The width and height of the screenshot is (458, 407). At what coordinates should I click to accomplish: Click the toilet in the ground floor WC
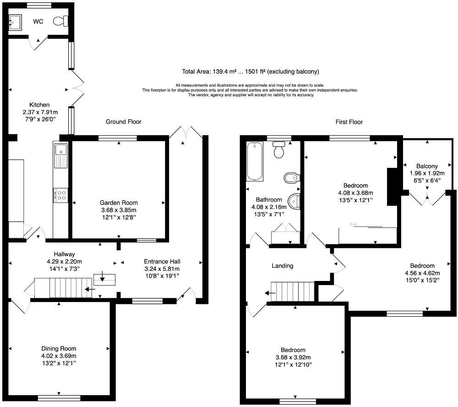click(x=60, y=21)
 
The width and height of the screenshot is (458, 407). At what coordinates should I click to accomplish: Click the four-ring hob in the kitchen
click(x=60, y=195)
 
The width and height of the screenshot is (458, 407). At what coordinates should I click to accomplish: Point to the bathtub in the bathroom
click(x=254, y=161)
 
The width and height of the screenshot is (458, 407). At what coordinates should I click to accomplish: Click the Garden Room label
click(x=119, y=203)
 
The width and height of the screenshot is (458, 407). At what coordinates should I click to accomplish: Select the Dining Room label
click(x=59, y=348)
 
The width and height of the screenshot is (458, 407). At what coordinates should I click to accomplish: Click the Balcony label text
click(x=427, y=166)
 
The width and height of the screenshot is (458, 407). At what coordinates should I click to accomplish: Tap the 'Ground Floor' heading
click(x=123, y=122)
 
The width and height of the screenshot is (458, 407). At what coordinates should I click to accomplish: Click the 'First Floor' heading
click(x=349, y=122)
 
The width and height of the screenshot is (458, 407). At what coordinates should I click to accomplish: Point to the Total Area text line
click(x=250, y=71)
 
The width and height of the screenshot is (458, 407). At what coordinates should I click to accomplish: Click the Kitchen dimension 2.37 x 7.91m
click(x=40, y=112)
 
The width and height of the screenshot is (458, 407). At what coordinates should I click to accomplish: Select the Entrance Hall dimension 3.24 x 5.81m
click(x=162, y=269)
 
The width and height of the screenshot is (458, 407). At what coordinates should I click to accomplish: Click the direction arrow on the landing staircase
click(x=269, y=293)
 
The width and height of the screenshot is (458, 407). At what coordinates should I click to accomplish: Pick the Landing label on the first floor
click(x=282, y=266)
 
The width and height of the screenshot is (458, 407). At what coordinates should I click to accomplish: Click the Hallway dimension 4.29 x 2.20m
click(x=64, y=262)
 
